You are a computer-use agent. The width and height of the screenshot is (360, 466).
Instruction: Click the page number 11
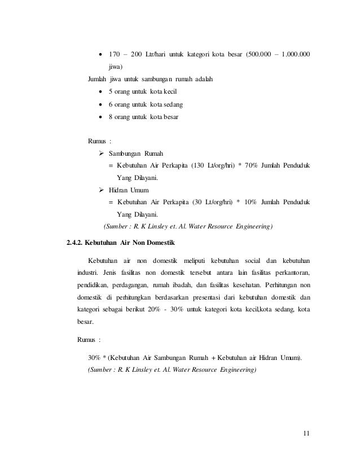306,433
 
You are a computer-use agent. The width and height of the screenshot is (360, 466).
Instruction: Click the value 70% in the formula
250,166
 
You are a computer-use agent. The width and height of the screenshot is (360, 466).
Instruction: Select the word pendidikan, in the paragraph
94,286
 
